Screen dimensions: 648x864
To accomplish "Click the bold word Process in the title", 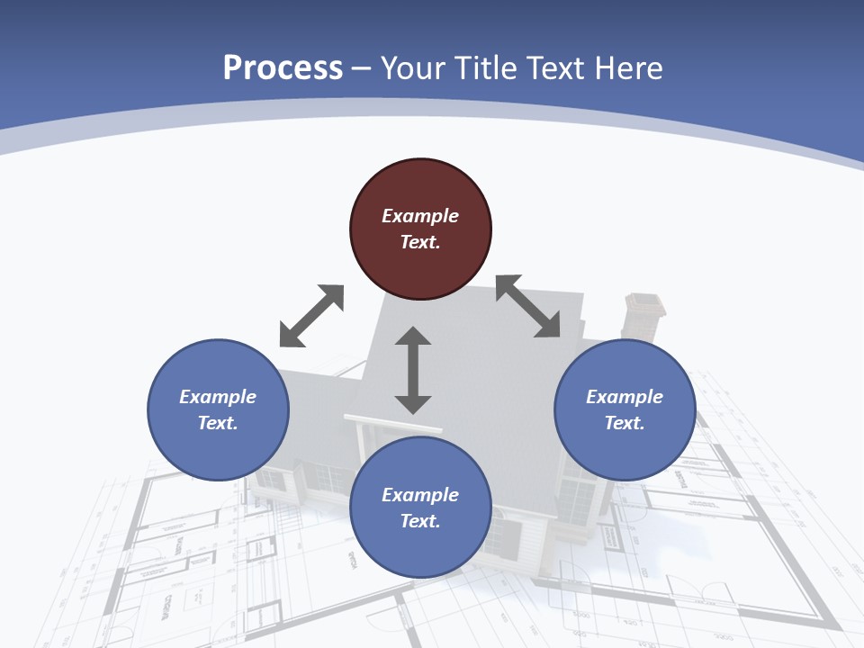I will (283, 68).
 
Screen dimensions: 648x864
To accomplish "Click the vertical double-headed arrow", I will (413, 370).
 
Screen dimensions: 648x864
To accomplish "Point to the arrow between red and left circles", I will (311, 316).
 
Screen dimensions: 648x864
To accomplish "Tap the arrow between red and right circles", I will (527, 306).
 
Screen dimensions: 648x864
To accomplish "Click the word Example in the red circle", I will (420, 216).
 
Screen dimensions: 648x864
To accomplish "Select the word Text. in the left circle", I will (218, 423).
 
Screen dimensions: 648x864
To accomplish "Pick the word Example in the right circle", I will (625, 397).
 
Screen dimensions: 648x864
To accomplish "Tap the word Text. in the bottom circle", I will (420, 521).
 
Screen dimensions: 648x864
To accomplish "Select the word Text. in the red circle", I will (420, 242).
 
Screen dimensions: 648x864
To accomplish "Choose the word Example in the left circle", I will (218, 397).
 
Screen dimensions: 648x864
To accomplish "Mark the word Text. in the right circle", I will (625, 423).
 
